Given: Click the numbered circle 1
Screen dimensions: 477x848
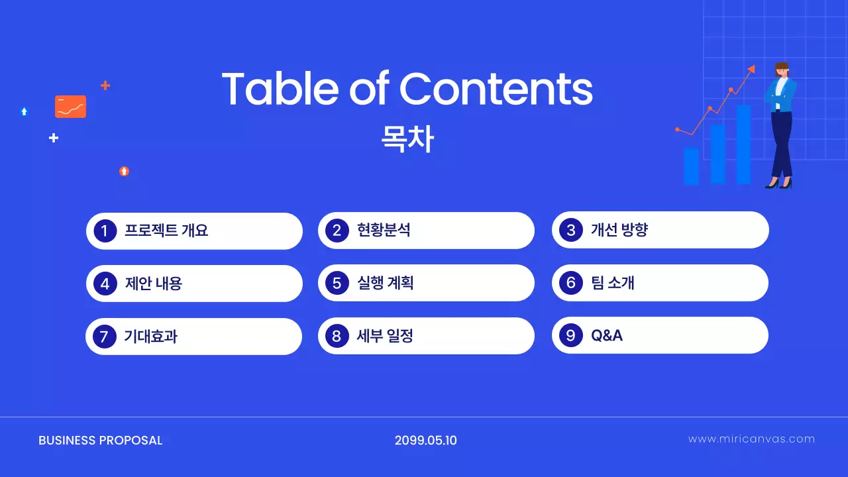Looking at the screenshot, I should coord(105,231).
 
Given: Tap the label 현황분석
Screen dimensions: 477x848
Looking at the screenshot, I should coord(384,231).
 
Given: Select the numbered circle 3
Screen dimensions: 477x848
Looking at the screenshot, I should coord(570,230).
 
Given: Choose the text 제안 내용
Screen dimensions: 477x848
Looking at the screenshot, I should coord(153,284).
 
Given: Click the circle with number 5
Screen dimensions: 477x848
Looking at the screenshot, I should coord(337,284).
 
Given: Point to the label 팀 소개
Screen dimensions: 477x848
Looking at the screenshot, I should coord(612,283).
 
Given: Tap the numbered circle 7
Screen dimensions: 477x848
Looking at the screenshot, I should coord(104,337).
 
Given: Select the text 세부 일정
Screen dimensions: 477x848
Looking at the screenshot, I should coord(385,336).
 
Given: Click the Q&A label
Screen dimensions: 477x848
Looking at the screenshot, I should coord(607,335).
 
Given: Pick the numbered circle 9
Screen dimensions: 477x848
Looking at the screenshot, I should coord(570,335).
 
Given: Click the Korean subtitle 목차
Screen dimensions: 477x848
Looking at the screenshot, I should coord(407,140).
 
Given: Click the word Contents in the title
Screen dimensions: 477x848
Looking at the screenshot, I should coord(496,89).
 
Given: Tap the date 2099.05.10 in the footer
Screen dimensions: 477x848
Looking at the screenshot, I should coord(425,441).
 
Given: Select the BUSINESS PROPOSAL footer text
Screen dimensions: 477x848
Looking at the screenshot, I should coord(101,441).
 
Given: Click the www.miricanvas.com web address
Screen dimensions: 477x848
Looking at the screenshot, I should coord(751,439).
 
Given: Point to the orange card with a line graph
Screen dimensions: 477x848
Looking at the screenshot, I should coord(70,107).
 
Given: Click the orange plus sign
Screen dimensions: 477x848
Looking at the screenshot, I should coord(105,85).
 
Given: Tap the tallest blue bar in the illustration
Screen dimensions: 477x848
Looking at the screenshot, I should coord(743,144).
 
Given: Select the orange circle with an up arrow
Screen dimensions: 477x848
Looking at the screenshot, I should coord(124,171).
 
